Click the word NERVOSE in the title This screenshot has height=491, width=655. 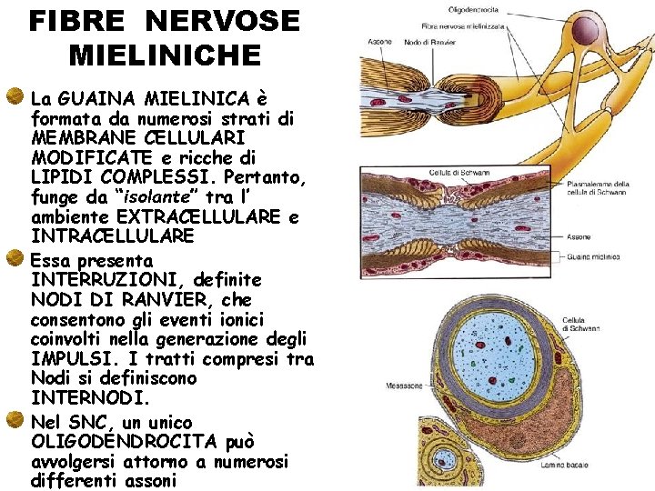[222, 21]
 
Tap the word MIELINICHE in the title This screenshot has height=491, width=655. [165, 55]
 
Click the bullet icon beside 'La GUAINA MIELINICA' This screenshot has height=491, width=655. [15, 95]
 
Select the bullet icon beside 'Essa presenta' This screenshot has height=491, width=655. [15, 259]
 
